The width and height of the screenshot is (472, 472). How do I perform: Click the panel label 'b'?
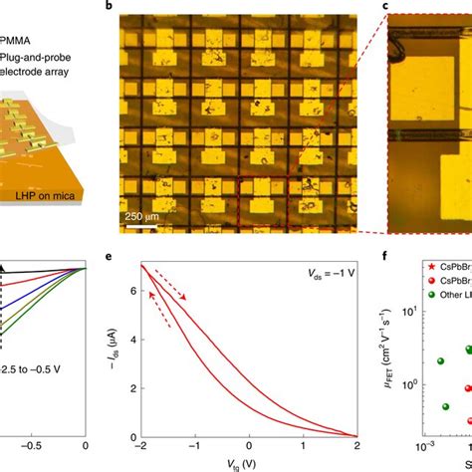tap(109, 7)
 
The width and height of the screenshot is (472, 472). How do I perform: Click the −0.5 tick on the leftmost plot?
tap(33, 446)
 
